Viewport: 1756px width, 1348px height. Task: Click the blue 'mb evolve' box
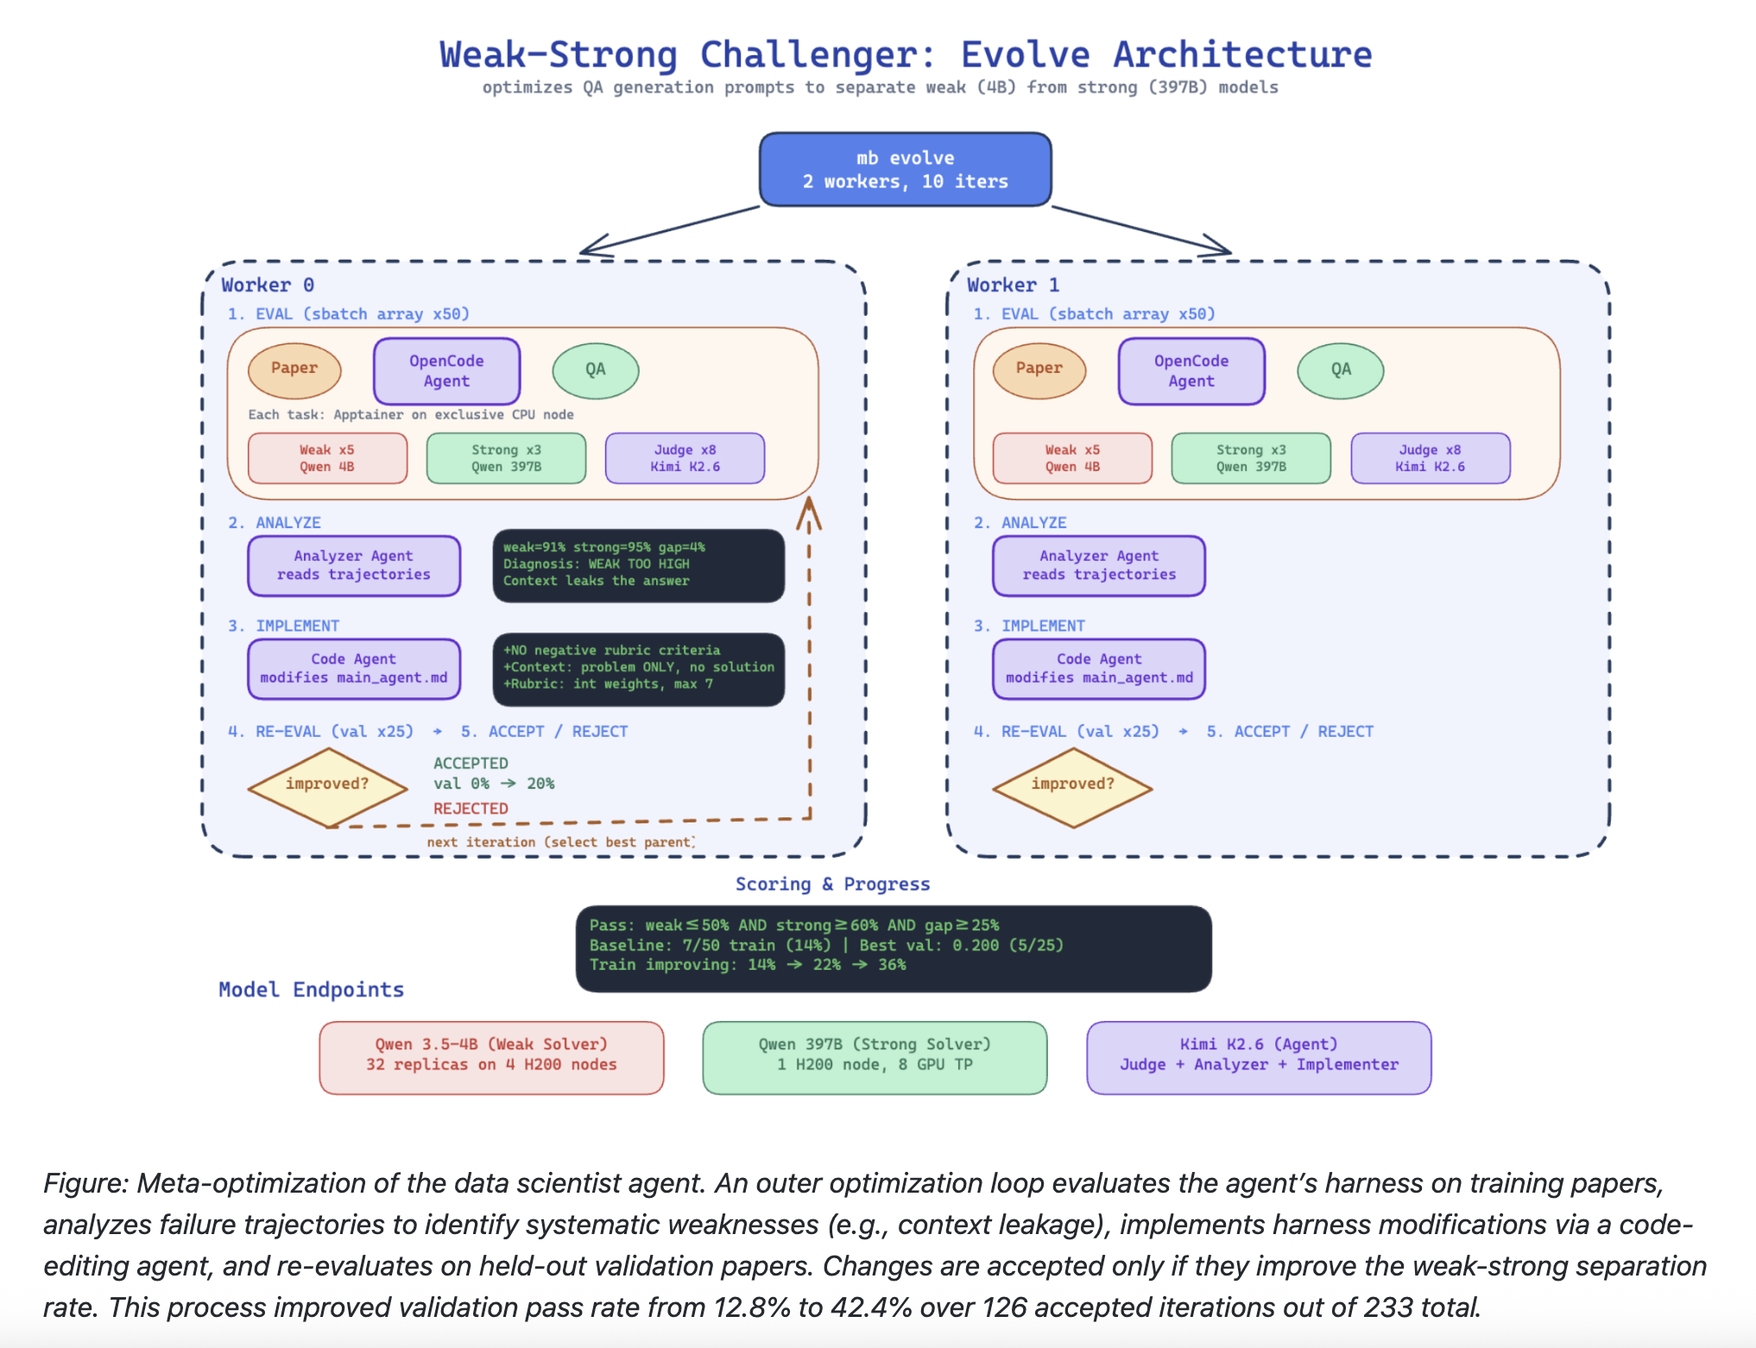click(905, 169)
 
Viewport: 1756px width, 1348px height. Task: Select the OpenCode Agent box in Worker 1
click(1191, 371)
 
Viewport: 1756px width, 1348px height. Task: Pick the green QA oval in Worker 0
click(596, 370)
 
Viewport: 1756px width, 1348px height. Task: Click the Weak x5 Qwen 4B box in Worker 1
click(1072, 458)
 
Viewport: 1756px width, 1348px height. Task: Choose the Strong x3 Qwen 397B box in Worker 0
click(506, 458)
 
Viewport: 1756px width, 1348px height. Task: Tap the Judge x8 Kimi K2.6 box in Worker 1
click(1431, 458)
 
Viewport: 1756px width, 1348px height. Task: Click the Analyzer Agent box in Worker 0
click(354, 566)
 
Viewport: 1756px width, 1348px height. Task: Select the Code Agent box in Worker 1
click(1099, 669)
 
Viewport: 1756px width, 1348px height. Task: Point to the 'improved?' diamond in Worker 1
click(1072, 787)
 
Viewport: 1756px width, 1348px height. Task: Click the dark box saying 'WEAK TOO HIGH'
click(639, 565)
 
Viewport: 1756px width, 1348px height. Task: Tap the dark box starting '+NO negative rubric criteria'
click(639, 669)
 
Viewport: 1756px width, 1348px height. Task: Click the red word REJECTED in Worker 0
click(471, 809)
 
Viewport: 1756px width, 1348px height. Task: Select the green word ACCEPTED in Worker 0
click(471, 763)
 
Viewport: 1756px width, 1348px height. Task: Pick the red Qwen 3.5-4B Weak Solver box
click(491, 1058)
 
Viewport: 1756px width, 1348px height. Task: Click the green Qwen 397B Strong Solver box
click(875, 1058)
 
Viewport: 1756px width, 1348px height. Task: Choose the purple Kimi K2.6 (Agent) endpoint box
click(1259, 1058)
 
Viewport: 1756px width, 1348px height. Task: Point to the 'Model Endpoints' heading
click(311, 990)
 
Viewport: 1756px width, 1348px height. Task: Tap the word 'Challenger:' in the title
click(818, 55)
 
